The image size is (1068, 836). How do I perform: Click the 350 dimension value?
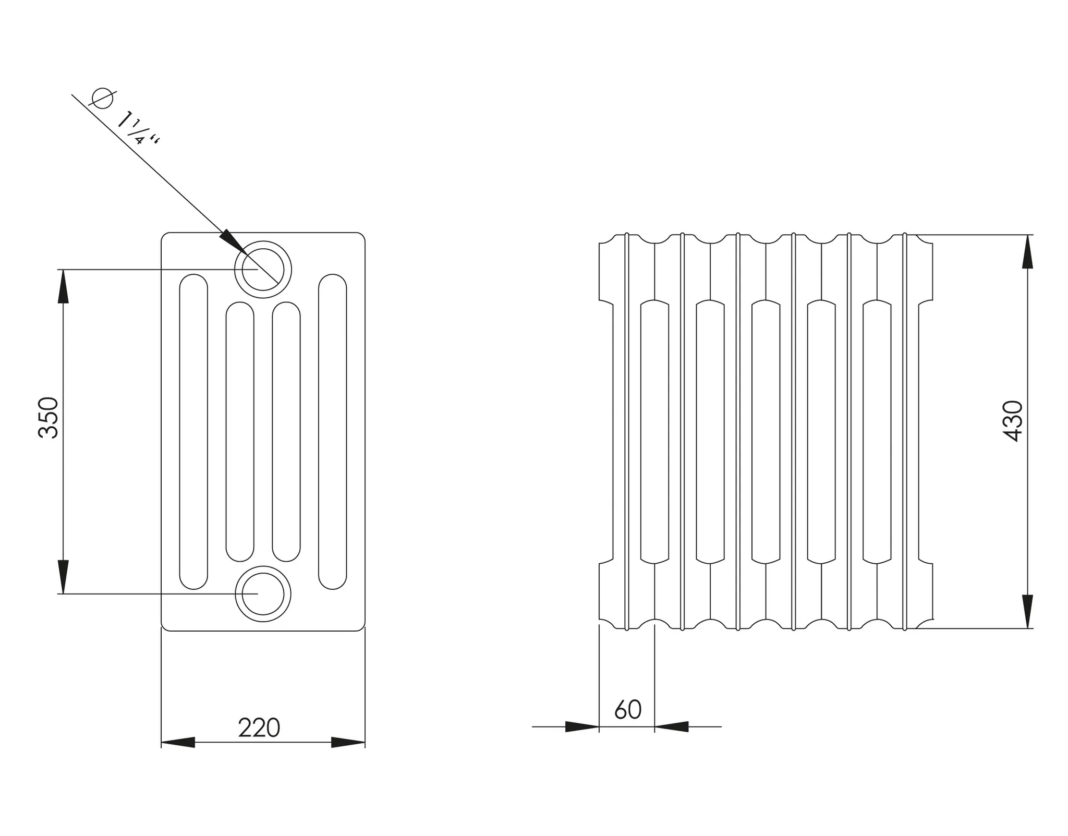click(48, 417)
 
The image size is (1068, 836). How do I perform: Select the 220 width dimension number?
click(259, 728)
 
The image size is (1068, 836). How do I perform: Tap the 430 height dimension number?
click(1012, 421)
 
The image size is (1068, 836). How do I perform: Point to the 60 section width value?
click(628, 709)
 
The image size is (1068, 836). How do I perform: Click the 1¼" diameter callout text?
click(137, 128)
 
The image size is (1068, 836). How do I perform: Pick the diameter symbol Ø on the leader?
click(102, 98)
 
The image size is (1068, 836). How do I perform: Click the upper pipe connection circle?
click(263, 270)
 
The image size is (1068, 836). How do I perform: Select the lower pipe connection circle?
click(263, 593)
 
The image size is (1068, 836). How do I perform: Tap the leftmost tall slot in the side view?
click(193, 431)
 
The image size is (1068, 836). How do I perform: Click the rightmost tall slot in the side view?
click(333, 431)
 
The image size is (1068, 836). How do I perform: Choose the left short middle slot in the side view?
click(240, 431)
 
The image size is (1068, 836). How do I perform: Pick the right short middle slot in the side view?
click(286, 431)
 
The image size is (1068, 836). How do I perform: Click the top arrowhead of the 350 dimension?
click(63, 286)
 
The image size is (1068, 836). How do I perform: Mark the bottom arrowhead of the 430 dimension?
click(1027, 611)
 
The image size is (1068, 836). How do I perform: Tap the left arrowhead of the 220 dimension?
click(178, 742)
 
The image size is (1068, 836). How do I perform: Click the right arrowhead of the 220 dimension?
click(348, 742)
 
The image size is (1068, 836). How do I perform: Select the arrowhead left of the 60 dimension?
click(582, 726)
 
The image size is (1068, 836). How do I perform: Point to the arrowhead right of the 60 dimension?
click(672, 726)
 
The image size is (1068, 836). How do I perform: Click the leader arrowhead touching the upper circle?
click(231, 241)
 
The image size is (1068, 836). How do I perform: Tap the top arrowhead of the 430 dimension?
click(1027, 252)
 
